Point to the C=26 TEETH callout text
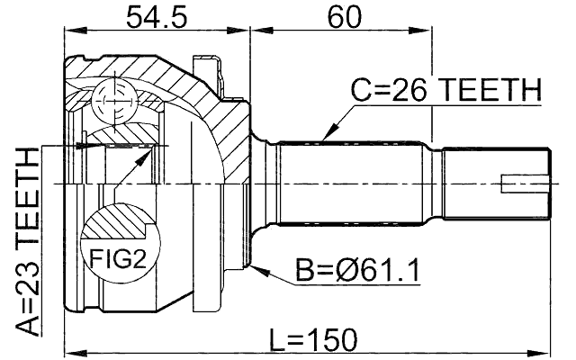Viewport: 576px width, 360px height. click(x=446, y=91)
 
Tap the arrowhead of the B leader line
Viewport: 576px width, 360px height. click(x=257, y=267)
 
